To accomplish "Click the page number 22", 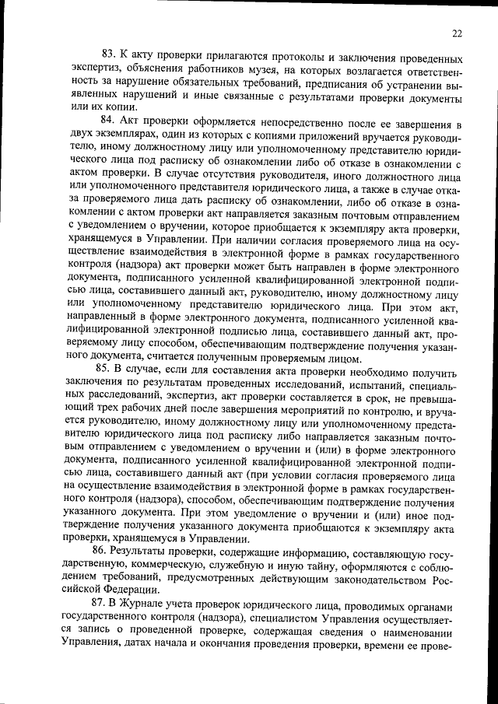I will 457,33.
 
